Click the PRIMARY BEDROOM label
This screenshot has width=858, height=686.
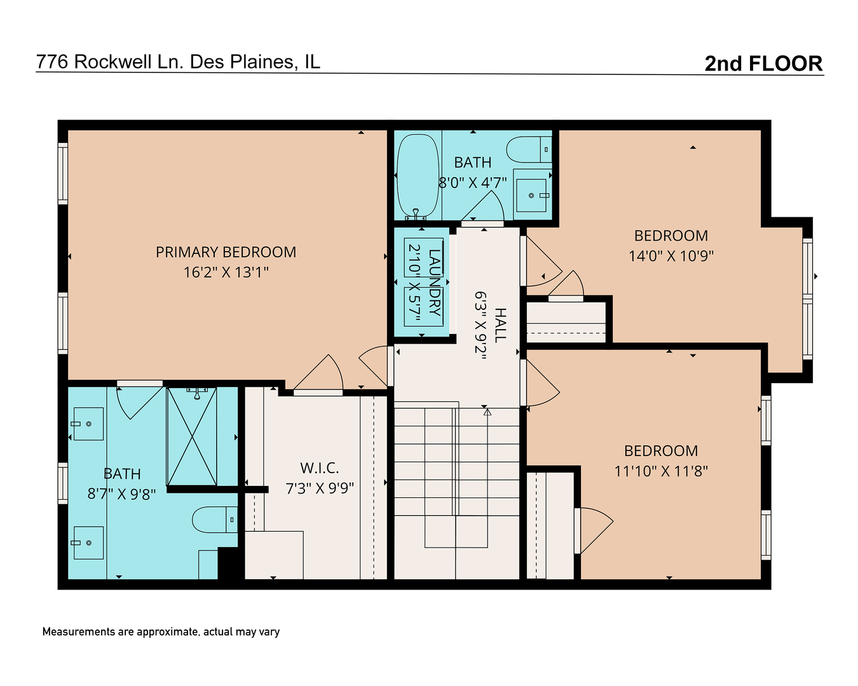click(x=226, y=252)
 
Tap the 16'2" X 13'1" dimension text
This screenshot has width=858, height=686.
click(x=226, y=272)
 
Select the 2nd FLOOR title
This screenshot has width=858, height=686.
click(x=763, y=64)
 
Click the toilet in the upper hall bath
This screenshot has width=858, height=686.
click(x=528, y=150)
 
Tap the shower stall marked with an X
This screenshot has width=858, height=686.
click(x=191, y=436)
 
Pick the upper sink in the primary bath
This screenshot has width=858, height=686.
click(x=88, y=424)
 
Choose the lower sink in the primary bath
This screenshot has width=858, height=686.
click(x=88, y=543)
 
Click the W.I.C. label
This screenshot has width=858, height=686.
click(x=319, y=468)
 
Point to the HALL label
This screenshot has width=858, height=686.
click(x=501, y=325)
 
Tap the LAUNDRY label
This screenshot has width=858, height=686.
click(x=435, y=282)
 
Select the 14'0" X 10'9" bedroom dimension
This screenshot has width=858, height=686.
click(x=671, y=256)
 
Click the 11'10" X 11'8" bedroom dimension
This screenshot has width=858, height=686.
click(x=660, y=471)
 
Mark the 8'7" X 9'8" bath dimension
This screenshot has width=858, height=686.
click(x=121, y=494)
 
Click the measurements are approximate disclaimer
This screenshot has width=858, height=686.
click(x=161, y=632)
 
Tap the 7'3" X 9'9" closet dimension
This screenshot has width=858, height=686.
click(x=319, y=488)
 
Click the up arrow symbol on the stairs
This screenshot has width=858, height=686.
click(x=487, y=412)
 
